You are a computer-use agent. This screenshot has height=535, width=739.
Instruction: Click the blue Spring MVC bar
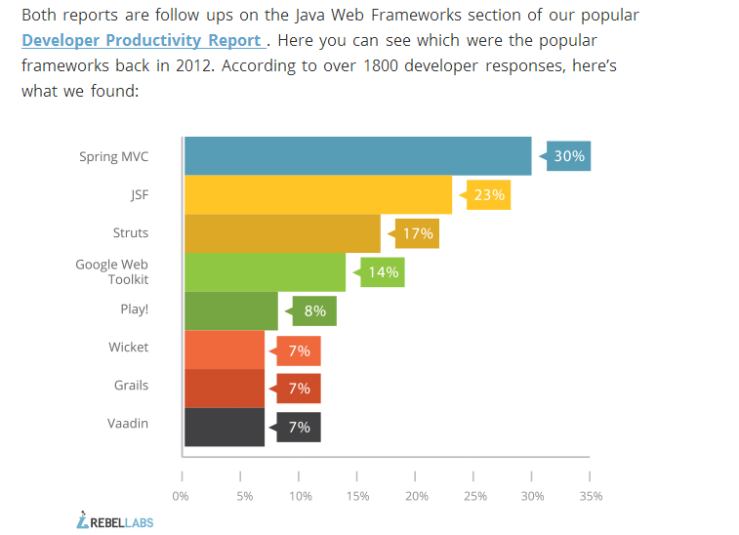point(357,156)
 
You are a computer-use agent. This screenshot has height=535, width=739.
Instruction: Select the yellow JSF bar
point(318,194)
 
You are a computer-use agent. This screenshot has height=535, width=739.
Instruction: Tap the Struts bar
point(282,233)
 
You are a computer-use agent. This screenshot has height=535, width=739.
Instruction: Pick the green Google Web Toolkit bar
point(265,272)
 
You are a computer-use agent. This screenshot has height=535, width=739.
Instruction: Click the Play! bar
point(231,311)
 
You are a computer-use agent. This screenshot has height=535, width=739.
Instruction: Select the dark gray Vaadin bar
point(225,427)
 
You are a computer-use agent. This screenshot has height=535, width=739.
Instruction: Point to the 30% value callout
point(568,156)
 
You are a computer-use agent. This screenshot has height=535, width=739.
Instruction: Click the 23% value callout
point(488,195)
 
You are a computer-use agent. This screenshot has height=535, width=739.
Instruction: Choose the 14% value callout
point(383,272)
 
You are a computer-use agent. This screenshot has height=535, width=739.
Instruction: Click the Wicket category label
point(129,347)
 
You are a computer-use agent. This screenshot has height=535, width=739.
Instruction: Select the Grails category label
point(131,385)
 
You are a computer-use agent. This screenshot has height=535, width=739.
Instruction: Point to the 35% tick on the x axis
point(590,496)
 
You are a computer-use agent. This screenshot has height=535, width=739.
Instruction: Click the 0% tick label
point(181,496)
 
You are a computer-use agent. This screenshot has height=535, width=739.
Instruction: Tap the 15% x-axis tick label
point(357,496)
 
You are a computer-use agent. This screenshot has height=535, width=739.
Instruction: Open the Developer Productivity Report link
point(142,40)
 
